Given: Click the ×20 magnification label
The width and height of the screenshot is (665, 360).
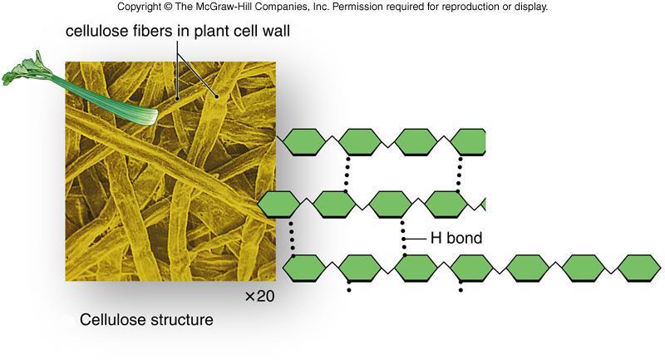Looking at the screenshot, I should pyautogui.click(x=259, y=296).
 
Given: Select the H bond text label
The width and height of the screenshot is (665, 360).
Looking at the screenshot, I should pyautogui.click(x=455, y=239).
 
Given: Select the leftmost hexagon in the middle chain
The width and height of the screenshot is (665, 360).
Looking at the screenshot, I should pyautogui.click(x=278, y=203).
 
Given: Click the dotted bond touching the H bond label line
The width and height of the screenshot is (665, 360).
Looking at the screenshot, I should pyautogui.click(x=404, y=238).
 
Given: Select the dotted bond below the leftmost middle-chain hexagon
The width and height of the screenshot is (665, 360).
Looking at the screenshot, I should pyautogui.click(x=292, y=238).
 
